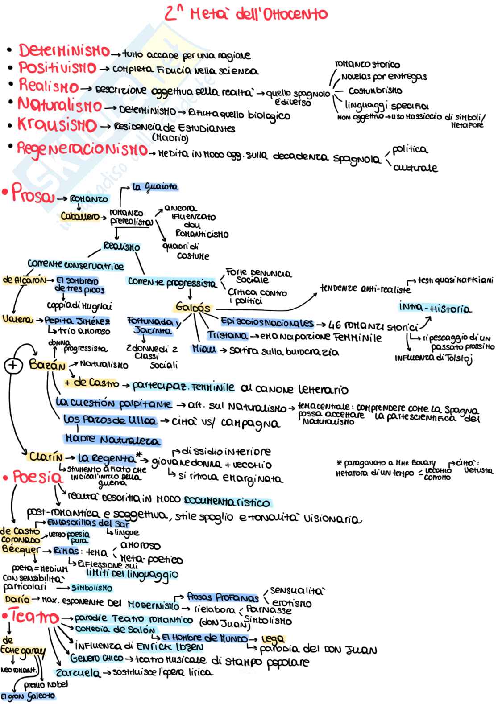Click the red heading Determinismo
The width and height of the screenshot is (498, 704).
click(64, 50)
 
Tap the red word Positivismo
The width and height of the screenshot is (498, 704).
click(58, 68)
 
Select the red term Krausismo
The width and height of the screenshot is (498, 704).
click(57, 124)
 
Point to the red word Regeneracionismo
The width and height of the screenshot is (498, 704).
click(82, 149)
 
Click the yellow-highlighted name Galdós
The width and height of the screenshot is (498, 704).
click(193, 307)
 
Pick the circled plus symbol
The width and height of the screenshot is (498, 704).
click(13, 366)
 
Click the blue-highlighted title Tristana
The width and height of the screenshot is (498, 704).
click(227, 335)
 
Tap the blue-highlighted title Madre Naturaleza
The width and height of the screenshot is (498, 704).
click(112, 440)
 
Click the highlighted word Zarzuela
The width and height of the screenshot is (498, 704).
click(78, 673)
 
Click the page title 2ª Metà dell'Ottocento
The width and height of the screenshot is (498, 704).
click(246, 14)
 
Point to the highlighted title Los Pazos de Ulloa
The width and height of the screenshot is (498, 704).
click(110, 420)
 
